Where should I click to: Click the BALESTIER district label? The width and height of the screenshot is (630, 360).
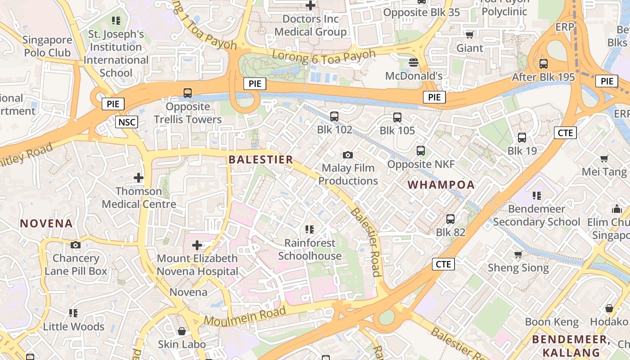[261, 160]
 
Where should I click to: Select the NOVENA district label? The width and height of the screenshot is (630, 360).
[46, 223]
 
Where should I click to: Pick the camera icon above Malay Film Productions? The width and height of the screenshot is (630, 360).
[347, 155]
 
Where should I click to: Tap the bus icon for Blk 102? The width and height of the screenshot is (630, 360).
[334, 117]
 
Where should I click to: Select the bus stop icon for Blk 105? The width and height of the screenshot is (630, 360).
[397, 117]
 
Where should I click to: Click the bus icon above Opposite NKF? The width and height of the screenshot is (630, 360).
[421, 151]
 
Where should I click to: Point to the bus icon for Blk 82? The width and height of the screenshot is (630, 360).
[450, 219]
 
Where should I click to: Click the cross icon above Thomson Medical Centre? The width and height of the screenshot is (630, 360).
[138, 178]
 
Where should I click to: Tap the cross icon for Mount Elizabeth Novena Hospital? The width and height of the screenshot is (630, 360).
[197, 245]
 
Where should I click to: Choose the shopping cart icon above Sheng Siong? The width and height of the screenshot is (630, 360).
[518, 255]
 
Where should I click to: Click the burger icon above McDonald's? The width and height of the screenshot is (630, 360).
[414, 62]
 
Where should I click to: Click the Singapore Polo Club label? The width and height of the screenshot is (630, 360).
[47, 46]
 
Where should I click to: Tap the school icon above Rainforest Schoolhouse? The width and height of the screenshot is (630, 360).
[309, 229]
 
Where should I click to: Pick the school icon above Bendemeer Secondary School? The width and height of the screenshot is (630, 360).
[536, 195]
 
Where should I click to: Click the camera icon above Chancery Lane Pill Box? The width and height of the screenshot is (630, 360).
[76, 245]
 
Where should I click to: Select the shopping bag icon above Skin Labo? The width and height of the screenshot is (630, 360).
[182, 331]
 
